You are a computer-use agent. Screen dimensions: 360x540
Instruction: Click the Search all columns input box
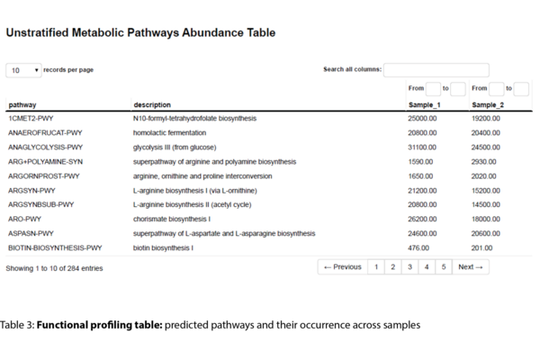click(x=436, y=70)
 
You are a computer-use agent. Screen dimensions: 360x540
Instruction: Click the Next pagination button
click(x=470, y=267)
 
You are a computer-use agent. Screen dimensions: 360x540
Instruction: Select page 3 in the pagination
click(x=409, y=267)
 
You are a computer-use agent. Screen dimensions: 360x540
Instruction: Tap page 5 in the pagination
click(x=444, y=267)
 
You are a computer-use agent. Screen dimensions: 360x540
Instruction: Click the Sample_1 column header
click(x=424, y=104)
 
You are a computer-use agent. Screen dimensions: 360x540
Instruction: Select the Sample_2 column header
click(x=488, y=104)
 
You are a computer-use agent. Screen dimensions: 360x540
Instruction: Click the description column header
click(x=152, y=104)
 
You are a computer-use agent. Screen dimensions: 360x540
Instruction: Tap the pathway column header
click(x=22, y=104)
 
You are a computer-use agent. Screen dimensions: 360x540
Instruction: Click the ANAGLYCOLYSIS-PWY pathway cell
click(x=45, y=147)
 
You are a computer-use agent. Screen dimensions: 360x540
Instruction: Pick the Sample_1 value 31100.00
click(x=422, y=147)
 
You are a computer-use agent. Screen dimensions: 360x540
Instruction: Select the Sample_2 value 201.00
click(x=482, y=247)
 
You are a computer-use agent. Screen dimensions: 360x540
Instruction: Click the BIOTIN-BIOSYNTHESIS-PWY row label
click(x=55, y=247)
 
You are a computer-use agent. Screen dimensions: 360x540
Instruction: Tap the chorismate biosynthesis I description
click(x=172, y=219)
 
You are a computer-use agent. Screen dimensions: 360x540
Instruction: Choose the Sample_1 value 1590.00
click(x=420, y=161)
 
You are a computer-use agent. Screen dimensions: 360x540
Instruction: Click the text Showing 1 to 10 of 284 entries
click(x=54, y=268)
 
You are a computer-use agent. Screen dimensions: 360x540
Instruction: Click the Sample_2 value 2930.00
click(x=484, y=161)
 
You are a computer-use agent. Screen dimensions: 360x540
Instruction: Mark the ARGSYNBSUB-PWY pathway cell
click(x=40, y=204)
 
